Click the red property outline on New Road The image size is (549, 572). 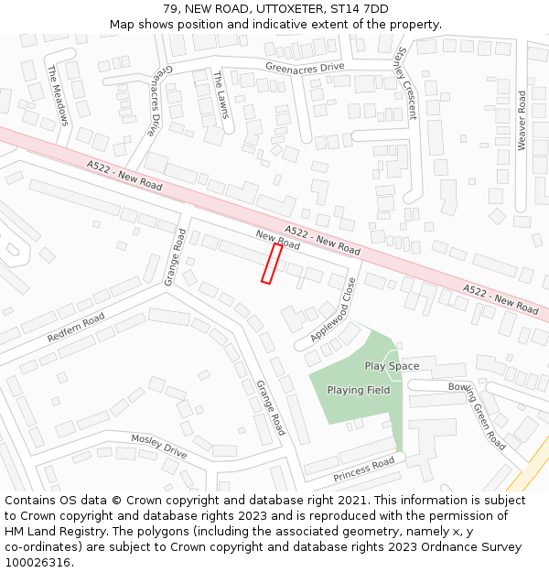pyautogui.click(x=271, y=264)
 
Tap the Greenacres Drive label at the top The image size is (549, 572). pyautogui.click(x=305, y=67)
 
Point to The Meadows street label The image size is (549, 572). pyautogui.click(x=58, y=94)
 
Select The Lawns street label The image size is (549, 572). pyautogui.click(x=221, y=94)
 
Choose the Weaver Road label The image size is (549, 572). pyautogui.click(x=522, y=120)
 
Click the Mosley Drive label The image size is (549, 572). pyautogui.click(x=158, y=447)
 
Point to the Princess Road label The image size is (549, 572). pyautogui.click(x=363, y=469)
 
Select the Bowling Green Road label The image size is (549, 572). pyautogui.click(x=477, y=416)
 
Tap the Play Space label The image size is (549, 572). pyautogui.click(x=392, y=366)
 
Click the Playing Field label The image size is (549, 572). pyautogui.click(x=359, y=390)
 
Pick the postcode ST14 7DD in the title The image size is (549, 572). pyautogui.click(x=363, y=9)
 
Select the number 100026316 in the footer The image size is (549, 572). pyautogui.click(x=38, y=562)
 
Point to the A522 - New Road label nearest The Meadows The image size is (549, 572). pyautogui.click(x=124, y=175)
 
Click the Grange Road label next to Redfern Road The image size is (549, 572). pyautogui.click(x=174, y=257)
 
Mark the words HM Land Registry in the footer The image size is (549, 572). pyautogui.click(x=49, y=531)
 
